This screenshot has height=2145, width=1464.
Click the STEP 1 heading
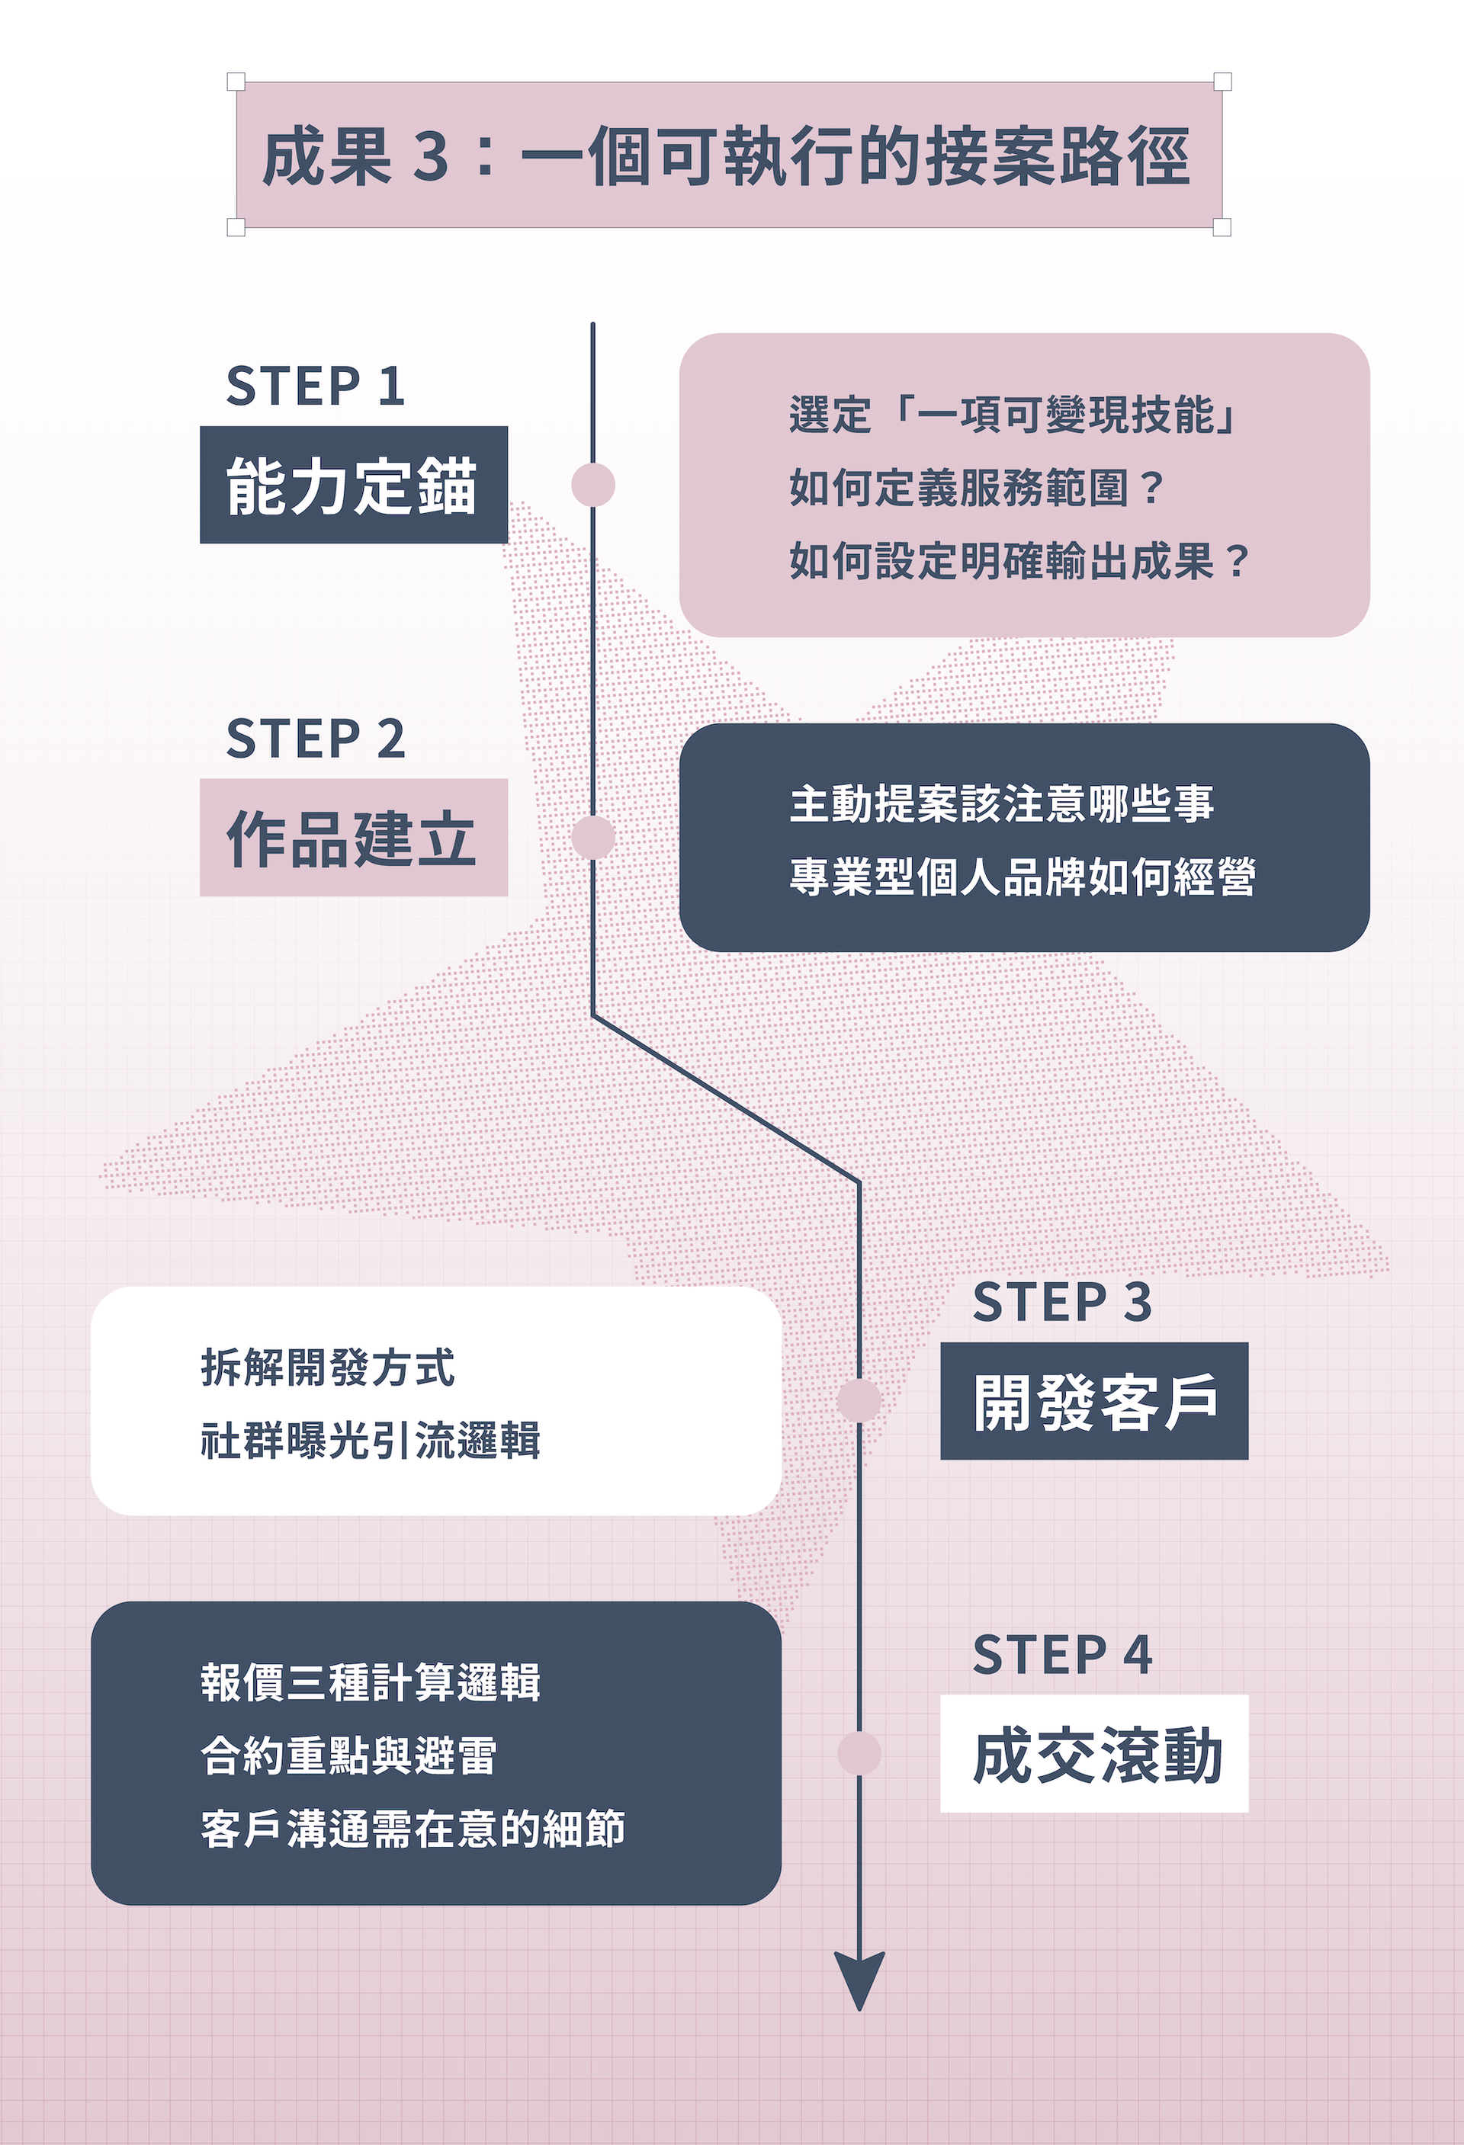click(x=315, y=386)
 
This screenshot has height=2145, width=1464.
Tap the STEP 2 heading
click(x=315, y=739)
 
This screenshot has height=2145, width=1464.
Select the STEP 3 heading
click(x=1061, y=1301)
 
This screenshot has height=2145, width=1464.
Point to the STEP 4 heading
click(x=1061, y=1654)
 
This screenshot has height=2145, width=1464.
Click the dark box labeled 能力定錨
click(x=354, y=485)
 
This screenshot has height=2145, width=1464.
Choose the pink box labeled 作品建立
click(x=354, y=837)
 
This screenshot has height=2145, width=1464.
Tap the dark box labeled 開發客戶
click(x=1094, y=1401)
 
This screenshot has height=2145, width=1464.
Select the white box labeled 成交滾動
click(x=1094, y=1754)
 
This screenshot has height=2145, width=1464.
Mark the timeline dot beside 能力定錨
click(x=592, y=485)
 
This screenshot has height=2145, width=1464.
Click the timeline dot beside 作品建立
click(x=592, y=837)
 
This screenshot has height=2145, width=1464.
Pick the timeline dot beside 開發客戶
click(x=859, y=1400)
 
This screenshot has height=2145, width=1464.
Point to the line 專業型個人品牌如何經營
click(x=1022, y=876)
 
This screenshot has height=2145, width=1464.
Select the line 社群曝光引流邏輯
click(x=370, y=1440)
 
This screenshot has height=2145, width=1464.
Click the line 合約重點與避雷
click(x=349, y=1755)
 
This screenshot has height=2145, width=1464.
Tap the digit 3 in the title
click(x=430, y=156)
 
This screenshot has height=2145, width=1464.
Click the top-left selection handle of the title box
click(x=236, y=82)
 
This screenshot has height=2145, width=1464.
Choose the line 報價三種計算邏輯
click(x=370, y=1682)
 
